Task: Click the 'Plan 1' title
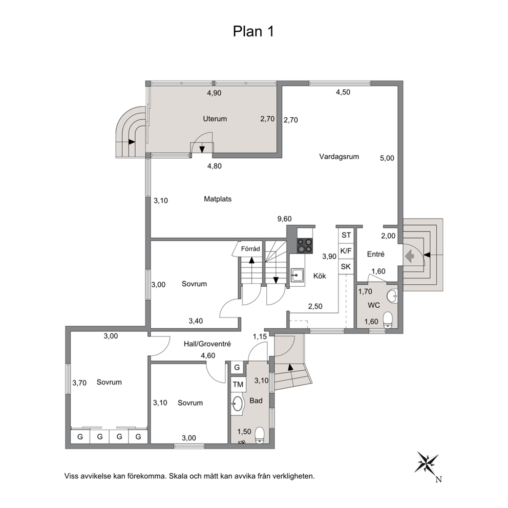[253, 31]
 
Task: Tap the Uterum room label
[215, 119]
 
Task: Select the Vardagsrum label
[339, 157]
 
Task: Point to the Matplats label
[218, 199]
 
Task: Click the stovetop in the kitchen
[305, 246]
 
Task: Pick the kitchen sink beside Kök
[297, 276]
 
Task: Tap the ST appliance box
[346, 235]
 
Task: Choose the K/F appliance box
[346, 251]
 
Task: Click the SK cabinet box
[346, 267]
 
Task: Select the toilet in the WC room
[388, 320]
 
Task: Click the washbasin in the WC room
[392, 295]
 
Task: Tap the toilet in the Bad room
[260, 435]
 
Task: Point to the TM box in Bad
[238, 385]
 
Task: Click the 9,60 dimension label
[284, 219]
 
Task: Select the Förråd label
[250, 249]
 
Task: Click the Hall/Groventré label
[207, 344]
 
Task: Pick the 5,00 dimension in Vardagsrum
[387, 158]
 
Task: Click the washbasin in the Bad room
[238, 404]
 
